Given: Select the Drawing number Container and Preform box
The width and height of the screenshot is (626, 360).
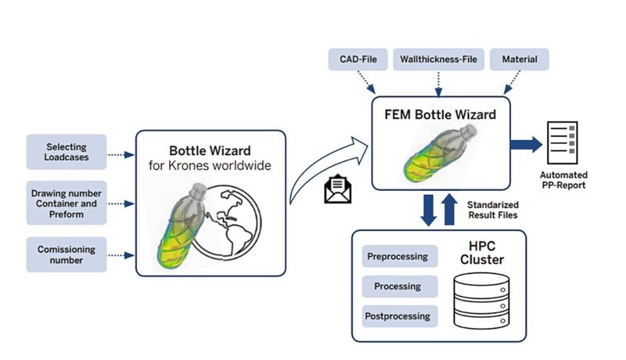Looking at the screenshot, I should point(66,203).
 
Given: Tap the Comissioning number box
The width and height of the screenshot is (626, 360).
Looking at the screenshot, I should point(66,255).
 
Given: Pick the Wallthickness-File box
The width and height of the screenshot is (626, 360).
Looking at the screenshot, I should point(439,59).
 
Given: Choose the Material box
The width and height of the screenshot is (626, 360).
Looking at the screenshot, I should point(520,59).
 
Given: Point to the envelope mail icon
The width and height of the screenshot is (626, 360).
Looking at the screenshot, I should point(336,190).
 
